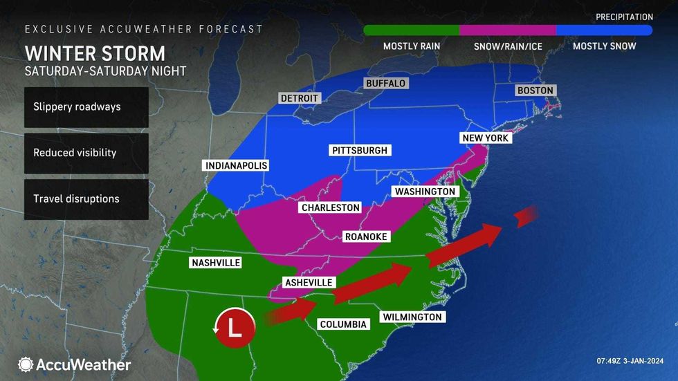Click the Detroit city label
(x=300, y=98)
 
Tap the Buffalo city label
(x=385, y=83)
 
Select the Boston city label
(x=535, y=91)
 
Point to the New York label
(x=486, y=138)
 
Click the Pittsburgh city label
(x=359, y=150)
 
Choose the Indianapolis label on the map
(x=236, y=166)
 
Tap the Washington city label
(x=425, y=192)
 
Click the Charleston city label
(x=331, y=207)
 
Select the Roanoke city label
(x=366, y=236)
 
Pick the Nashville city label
(x=214, y=263)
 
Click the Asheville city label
(x=308, y=282)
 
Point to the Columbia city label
(x=342, y=324)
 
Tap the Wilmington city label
(x=411, y=317)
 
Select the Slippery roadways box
(x=86, y=107)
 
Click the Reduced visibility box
(x=86, y=153)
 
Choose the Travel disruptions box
(x=86, y=199)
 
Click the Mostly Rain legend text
(x=411, y=46)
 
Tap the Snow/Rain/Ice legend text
(x=507, y=46)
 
